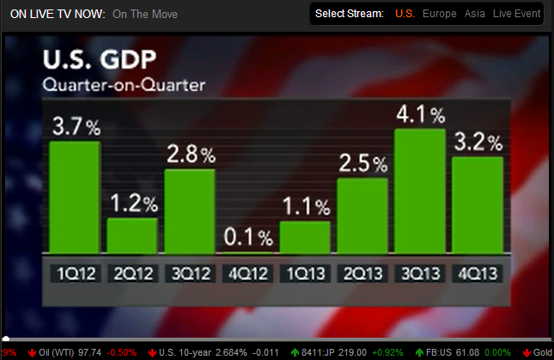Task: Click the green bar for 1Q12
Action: tap(75, 197)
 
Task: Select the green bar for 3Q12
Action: tap(190, 211)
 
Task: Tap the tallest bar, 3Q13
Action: tap(419, 191)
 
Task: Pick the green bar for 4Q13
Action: tap(477, 204)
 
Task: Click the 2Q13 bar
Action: tap(362, 215)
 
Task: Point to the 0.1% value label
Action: tap(247, 235)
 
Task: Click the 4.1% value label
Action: tap(419, 114)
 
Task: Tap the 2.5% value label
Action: tap(362, 163)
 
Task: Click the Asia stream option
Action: tap(476, 14)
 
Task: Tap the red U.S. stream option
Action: tap(405, 14)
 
